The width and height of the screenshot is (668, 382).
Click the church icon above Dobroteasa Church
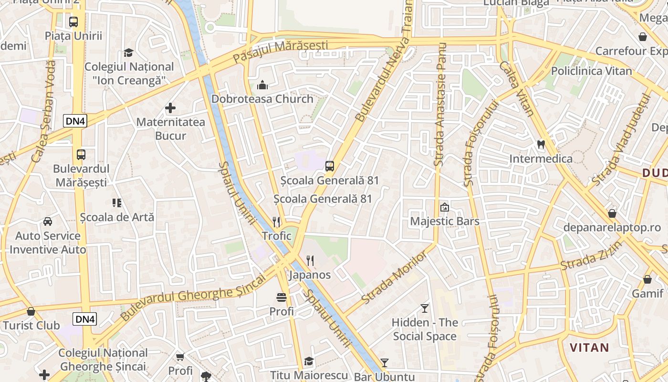(262, 85)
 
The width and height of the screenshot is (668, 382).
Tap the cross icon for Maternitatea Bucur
(170, 108)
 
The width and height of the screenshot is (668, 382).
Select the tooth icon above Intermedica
(541, 144)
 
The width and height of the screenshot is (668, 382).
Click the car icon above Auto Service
(48, 222)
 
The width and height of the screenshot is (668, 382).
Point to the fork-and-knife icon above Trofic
(276, 222)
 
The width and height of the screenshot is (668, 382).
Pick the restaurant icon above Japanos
(310, 260)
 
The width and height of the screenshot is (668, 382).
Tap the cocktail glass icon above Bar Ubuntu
(385, 363)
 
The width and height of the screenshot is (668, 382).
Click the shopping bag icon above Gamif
(647, 279)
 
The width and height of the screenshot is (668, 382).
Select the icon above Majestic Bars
(444, 207)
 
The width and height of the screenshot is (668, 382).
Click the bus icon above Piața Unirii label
(73, 21)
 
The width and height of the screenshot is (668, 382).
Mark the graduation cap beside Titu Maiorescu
(309, 361)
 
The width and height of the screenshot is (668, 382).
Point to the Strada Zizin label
(592, 255)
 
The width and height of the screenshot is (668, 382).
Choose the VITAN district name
(589, 347)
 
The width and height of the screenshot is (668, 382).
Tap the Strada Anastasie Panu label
(440, 104)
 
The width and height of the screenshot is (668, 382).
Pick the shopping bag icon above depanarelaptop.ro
(612, 213)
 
